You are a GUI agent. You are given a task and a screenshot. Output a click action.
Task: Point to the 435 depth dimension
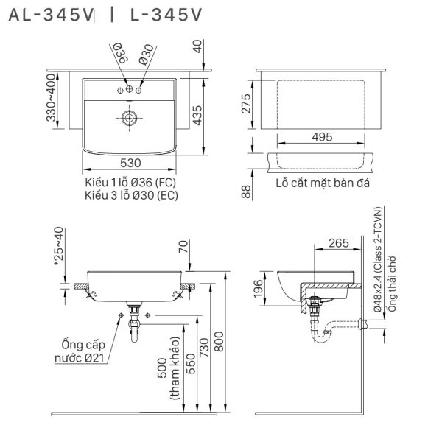click(197, 113)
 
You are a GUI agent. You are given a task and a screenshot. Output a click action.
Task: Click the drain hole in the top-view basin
click(130, 116)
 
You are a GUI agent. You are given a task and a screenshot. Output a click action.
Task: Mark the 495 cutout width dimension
click(322, 136)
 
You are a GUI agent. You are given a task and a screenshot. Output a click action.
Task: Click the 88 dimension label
click(247, 191)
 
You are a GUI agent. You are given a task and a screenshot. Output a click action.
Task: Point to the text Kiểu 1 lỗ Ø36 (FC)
click(130, 182)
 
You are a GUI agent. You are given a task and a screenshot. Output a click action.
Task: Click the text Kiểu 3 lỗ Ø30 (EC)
click(130, 195)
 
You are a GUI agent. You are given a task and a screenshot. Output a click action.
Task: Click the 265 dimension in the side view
click(338, 244)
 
